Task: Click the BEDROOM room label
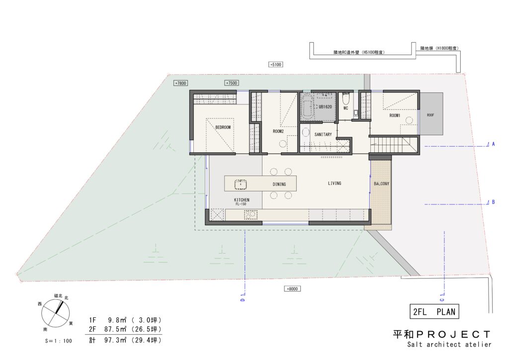223,127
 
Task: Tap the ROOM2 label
278,131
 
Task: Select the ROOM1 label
395,115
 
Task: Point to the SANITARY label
323,134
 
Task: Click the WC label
346,108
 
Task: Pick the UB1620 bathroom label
325,106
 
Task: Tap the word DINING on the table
279,184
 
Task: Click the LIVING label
335,183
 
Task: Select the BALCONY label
381,184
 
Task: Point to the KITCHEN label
242,200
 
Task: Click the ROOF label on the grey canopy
430,115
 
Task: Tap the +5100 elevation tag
275,64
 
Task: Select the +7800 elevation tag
180,83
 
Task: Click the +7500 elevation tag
232,83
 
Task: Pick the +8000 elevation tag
292,288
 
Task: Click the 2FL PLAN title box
434,312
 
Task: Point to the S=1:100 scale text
59,341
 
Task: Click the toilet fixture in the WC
346,97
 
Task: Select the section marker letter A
494,144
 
